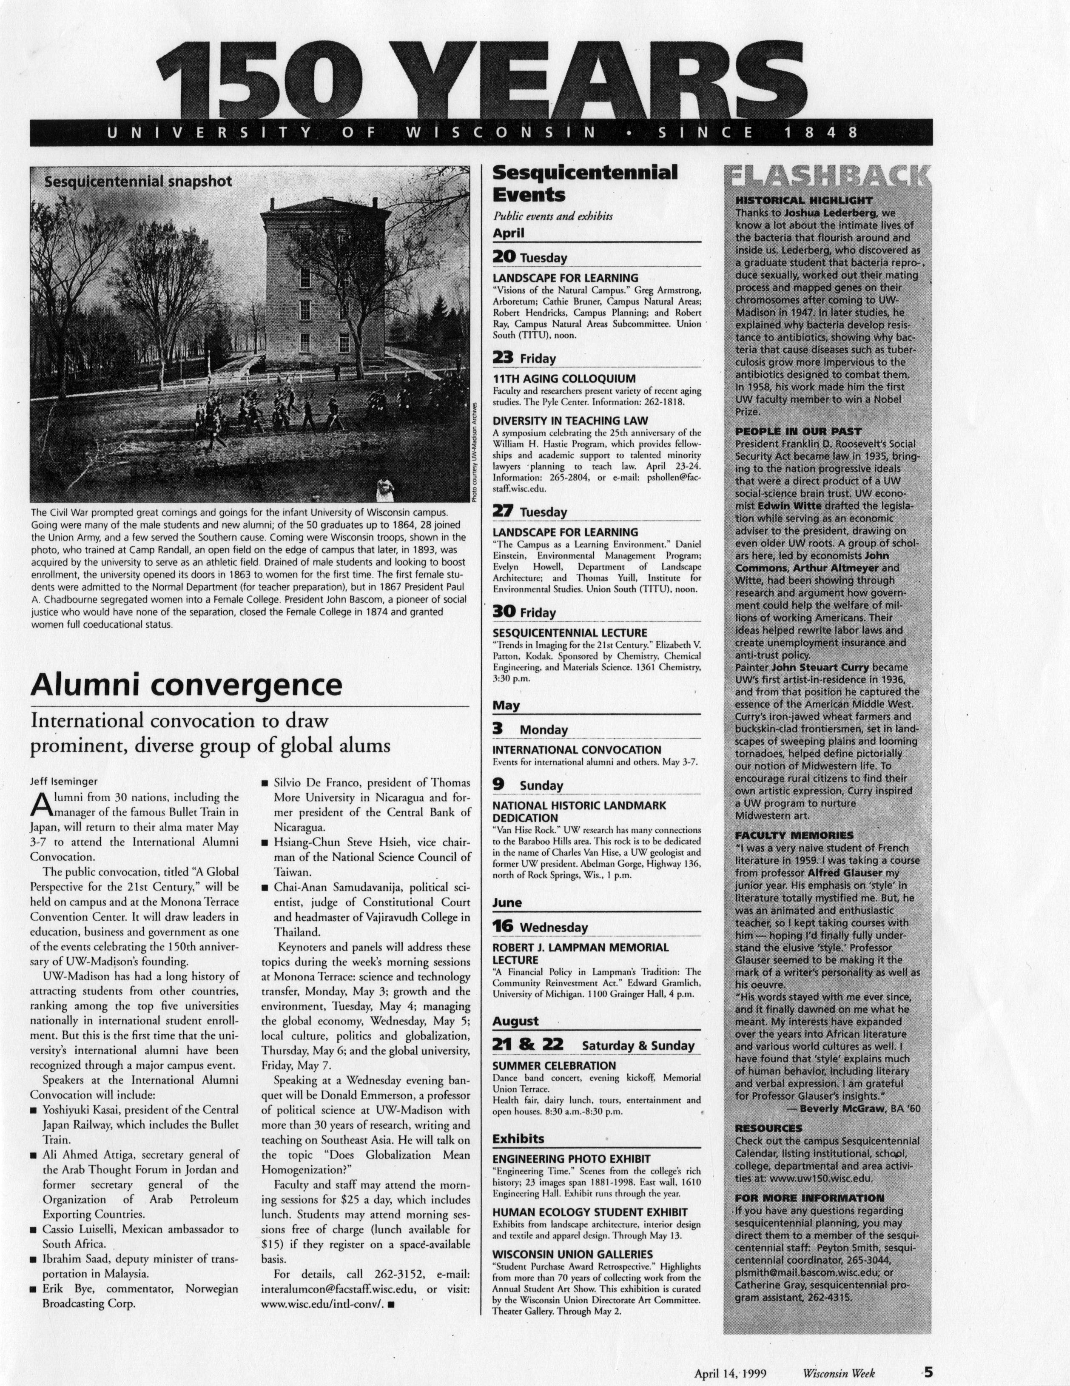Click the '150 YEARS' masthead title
tap(482, 73)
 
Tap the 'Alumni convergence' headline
tap(186, 685)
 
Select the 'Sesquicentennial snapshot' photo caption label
tap(138, 182)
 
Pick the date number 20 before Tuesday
tap(504, 257)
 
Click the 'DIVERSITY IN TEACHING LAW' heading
tap(570, 420)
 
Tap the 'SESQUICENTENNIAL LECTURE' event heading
tap(570, 633)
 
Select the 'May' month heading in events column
tap(507, 705)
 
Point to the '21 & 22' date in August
tap(532, 1044)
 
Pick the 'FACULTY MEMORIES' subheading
tap(794, 835)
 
